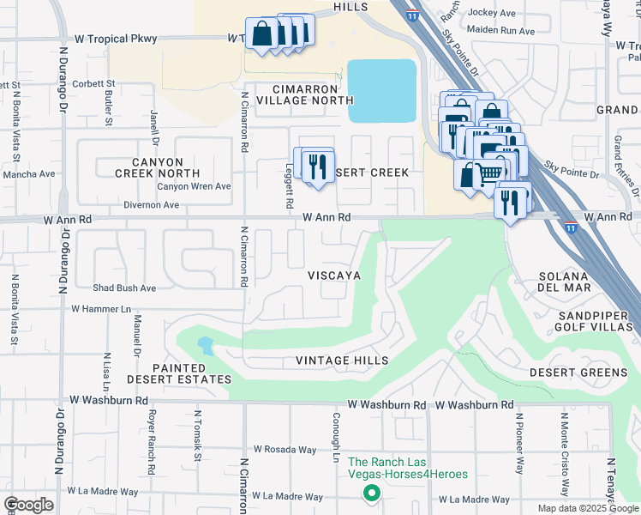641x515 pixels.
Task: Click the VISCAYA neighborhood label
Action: coord(333,276)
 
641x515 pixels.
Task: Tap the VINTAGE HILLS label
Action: coord(342,360)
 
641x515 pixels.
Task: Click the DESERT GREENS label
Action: coord(578,373)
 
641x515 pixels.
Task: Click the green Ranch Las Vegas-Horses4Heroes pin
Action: coord(370,493)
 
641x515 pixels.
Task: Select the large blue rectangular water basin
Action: coord(381,91)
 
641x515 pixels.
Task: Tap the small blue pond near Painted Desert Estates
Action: coord(206,347)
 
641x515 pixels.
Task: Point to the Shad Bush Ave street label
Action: coord(125,288)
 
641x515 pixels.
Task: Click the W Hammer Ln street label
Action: coord(101,308)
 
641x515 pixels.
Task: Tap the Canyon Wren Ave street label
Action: coord(194,186)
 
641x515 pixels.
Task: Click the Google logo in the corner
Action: coord(28,505)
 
